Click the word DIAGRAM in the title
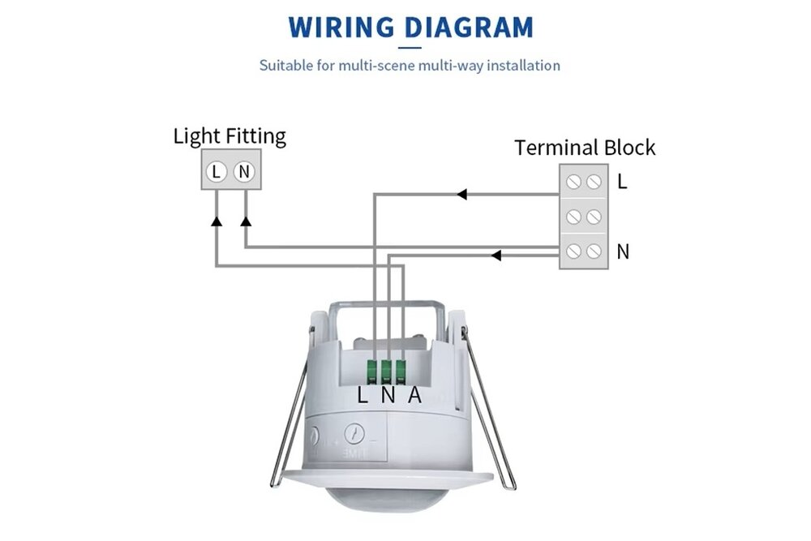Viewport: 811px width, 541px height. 469,27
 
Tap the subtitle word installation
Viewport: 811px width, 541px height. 519,65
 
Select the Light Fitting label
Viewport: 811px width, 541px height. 230,135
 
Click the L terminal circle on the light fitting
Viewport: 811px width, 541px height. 217,171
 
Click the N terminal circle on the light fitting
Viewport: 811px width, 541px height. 244,171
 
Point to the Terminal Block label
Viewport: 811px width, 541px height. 584,148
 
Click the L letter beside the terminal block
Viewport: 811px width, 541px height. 622,182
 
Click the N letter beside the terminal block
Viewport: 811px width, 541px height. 623,251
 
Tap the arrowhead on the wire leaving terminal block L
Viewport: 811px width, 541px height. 461,195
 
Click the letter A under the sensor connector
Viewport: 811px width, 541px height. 414,395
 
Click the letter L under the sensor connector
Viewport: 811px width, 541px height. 363,396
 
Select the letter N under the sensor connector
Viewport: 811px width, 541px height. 388,396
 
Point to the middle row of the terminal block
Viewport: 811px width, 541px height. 583,217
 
